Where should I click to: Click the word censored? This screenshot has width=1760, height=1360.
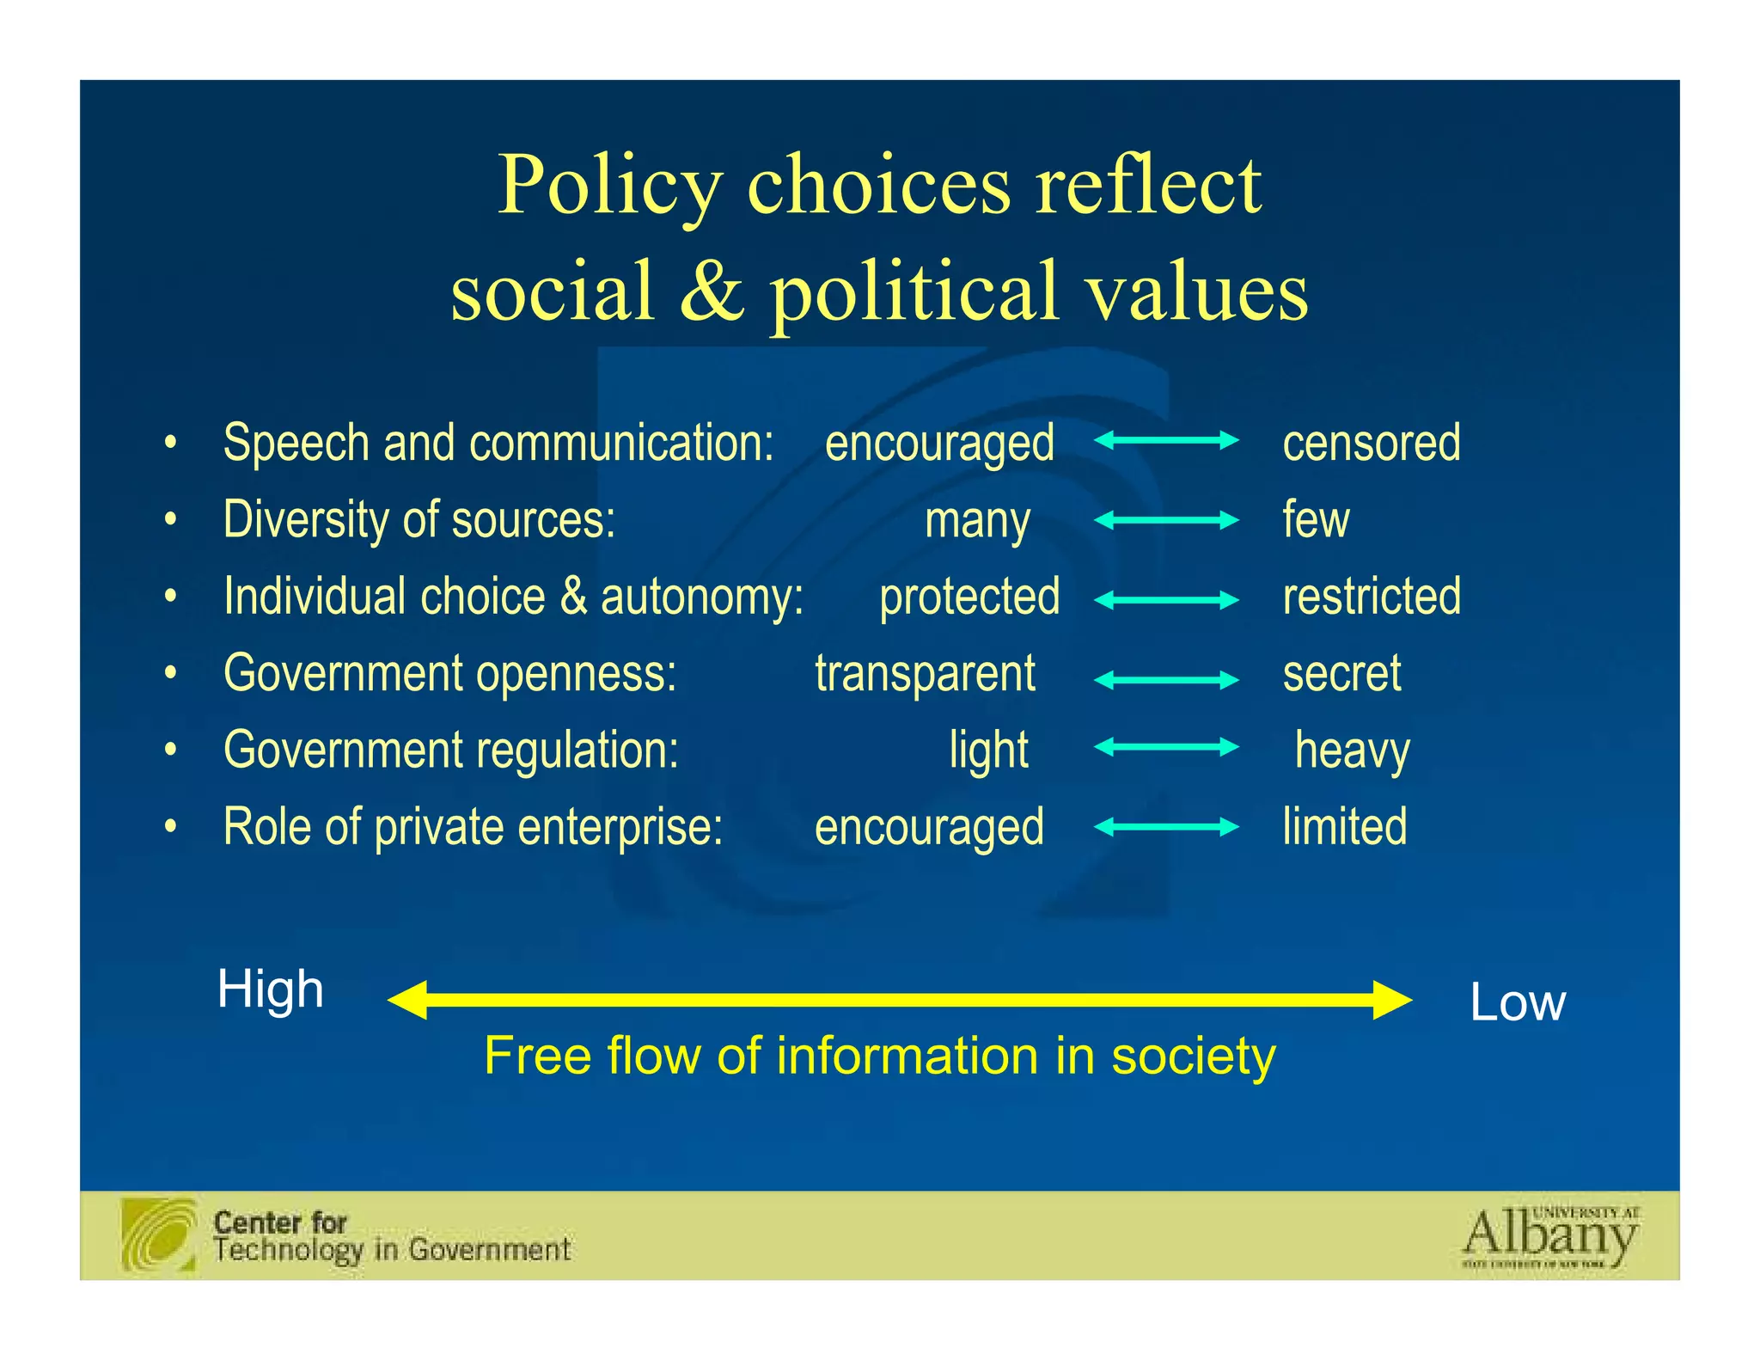point(1371,443)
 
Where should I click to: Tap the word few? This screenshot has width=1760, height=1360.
point(1316,520)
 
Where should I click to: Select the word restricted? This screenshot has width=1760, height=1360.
point(1372,596)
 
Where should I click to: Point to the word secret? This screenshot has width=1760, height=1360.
point(1341,673)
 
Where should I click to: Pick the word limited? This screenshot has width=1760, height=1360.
point(1345,827)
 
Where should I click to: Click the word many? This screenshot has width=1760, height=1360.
point(977,521)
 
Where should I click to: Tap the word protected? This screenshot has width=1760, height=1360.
point(969,597)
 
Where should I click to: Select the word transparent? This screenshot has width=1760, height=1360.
point(925,673)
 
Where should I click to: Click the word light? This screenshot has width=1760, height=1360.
point(988,750)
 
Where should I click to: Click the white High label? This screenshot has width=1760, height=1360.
point(271,989)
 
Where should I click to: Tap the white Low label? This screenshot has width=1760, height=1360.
point(1518,1002)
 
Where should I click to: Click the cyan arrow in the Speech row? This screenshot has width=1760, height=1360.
point(1166,441)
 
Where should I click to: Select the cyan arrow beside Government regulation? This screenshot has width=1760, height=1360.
point(1166,747)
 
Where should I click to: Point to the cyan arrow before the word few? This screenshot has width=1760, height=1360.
point(1166,520)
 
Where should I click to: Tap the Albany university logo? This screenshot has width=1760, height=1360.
point(1550,1237)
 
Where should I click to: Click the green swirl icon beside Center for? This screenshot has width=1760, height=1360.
point(159,1234)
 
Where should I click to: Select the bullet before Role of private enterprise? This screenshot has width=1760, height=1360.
point(171,826)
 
